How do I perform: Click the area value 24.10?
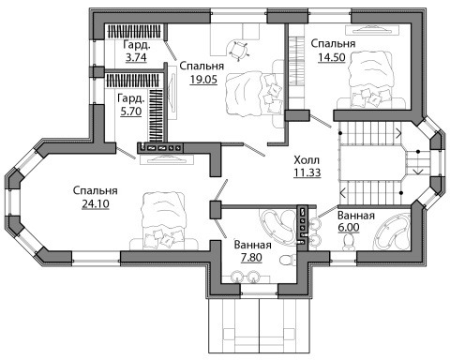96,204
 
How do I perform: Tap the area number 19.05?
203,80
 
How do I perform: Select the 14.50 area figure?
332,57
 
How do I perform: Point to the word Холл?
307,160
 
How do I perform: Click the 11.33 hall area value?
307,172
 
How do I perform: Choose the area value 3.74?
136,58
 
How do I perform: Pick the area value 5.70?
131,112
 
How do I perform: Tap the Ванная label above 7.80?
253,245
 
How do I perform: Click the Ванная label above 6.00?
356,216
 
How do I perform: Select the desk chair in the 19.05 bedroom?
238,50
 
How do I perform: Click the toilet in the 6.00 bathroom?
348,243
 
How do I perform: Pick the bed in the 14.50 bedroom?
370,81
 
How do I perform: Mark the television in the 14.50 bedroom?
373,30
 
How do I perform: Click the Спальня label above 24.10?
96,190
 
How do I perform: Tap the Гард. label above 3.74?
137,45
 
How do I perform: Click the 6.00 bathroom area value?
349,228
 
